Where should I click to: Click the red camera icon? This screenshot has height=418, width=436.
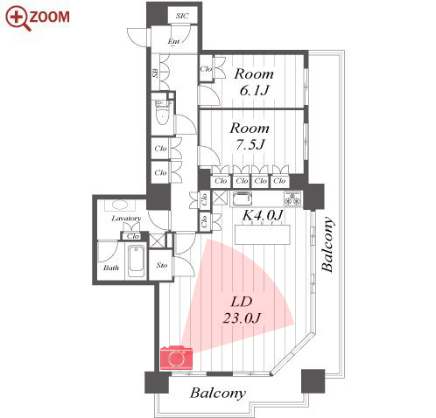coord(176,358)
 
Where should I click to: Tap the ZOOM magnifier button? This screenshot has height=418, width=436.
coord(38,17)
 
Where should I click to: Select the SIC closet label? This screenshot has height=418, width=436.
coord(182,16)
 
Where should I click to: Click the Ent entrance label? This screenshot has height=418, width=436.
coord(173,41)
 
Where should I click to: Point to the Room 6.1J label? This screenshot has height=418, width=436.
coord(254,82)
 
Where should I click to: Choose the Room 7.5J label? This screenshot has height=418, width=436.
coord(250,136)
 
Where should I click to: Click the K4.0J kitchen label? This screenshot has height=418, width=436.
coord(263,215)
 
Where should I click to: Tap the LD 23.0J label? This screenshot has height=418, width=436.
coord(242,310)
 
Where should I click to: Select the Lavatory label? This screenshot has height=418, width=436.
coord(126,219)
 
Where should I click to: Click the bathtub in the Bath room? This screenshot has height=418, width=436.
coord(137,262)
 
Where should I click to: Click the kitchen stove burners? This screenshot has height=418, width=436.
coord(292,199)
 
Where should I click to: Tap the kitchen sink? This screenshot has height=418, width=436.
coord(243,199)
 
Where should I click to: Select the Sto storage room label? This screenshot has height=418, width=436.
coord(162,265)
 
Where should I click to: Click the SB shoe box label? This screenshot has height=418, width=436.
coord(156,73)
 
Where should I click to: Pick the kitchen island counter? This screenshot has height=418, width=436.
coord(263,234)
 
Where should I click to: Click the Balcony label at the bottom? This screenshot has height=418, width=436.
coord(218,393)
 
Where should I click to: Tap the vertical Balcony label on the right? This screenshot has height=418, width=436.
coord(327,245)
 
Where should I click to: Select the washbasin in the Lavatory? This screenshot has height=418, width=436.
coord(120,205)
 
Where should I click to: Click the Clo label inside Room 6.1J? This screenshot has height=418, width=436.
coord(206,69)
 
